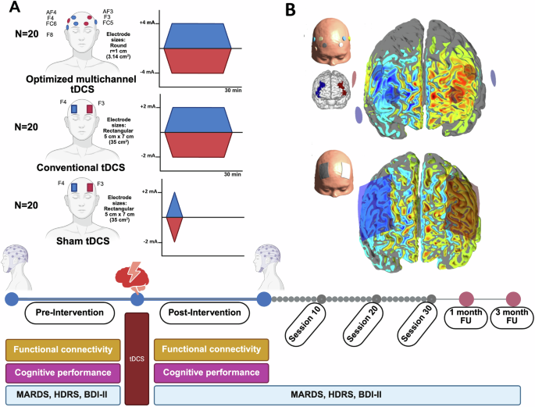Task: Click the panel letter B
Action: coord(290,11)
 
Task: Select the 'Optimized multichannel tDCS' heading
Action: coord(86,84)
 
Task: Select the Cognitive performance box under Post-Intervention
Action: coord(212,373)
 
